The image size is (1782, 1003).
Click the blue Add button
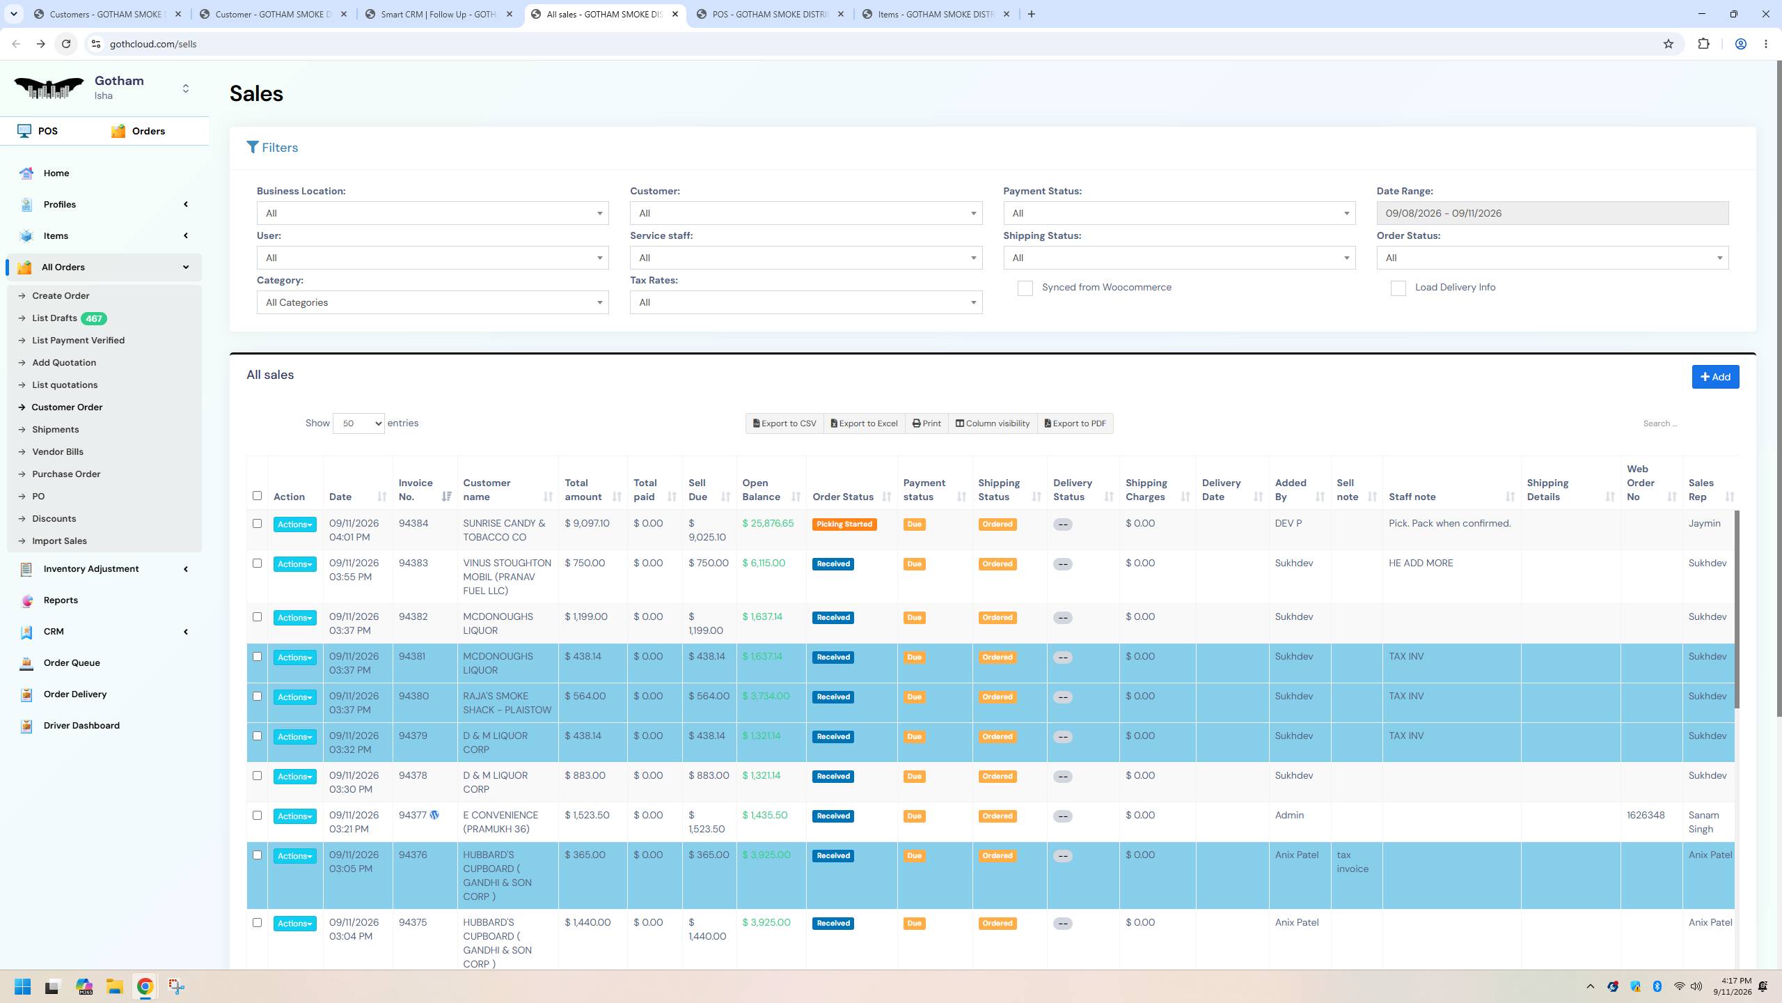[1715, 377]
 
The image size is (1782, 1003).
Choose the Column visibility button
[993, 423]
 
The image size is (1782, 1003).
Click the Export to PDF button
[1075, 423]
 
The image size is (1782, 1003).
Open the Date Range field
[1552, 213]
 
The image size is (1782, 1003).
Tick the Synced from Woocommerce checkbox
[1025, 288]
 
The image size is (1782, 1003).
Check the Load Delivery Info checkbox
[1398, 288]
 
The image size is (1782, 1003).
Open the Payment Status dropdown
[1179, 213]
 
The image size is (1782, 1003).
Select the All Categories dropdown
[432, 302]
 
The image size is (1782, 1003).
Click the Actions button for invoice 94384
[294, 524]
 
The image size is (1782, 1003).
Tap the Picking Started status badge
[844, 524]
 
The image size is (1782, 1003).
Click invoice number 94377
[412, 815]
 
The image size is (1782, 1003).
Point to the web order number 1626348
[1646, 815]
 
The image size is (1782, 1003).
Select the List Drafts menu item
[54, 318]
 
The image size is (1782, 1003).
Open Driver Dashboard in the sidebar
[81, 725]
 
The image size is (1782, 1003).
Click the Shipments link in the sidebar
[56, 430]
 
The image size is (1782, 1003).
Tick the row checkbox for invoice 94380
[257, 697]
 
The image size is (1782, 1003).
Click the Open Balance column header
[761, 490]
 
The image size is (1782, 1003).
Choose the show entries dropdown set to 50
[358, 423]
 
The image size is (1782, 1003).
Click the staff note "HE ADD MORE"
[1421, 563]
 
